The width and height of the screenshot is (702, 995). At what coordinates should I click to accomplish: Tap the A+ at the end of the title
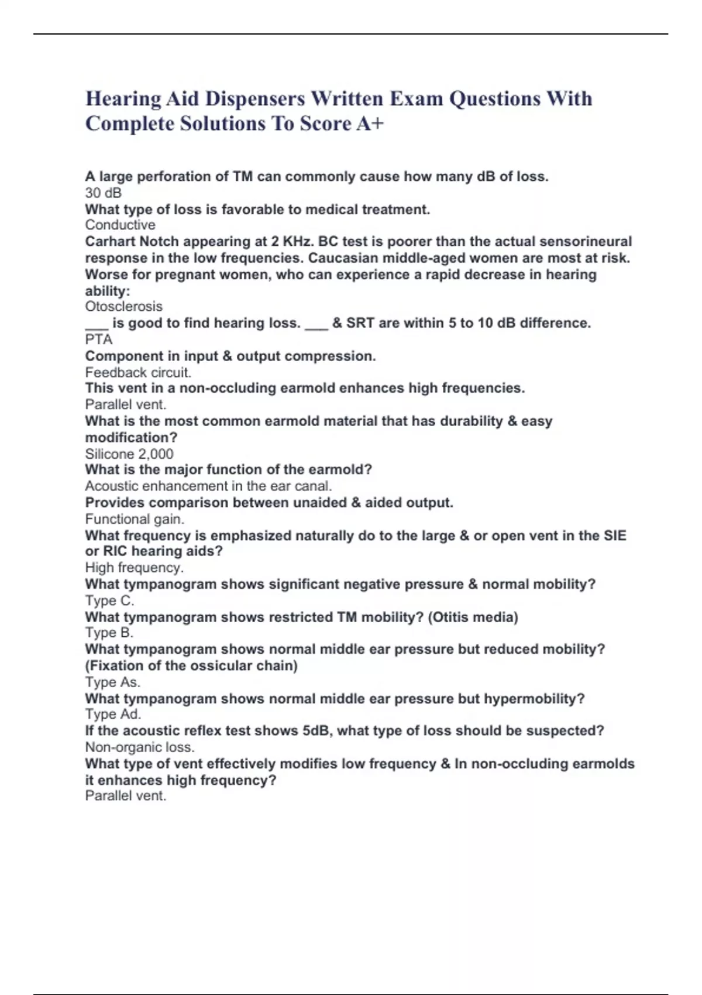[370, 123]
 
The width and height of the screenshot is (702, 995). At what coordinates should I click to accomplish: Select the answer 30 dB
[103, 193]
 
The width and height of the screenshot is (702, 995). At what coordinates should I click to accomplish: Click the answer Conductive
[120, 225]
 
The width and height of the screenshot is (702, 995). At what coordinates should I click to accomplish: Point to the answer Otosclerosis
[123, 306]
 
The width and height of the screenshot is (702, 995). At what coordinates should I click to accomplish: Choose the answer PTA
[98, 339]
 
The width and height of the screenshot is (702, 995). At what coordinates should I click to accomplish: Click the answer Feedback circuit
[138, 372]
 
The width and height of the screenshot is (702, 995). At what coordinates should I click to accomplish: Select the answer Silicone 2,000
[129, 454]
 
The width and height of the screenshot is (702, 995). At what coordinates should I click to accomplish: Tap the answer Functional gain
[135, 519]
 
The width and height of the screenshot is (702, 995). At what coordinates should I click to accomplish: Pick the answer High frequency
[134, 567]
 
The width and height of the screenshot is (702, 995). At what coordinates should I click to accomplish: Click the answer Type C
[109, 601]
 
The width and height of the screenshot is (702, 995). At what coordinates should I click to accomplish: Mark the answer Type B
[109, 633]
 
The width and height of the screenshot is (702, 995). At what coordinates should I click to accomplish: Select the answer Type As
[112, 682]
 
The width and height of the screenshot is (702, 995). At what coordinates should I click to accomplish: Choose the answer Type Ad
[113, 714]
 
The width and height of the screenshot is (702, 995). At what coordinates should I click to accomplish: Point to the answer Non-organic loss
[139, 747]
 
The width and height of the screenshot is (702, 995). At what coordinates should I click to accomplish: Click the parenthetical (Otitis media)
[473, 617]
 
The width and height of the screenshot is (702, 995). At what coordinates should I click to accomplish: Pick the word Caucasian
[346, 258]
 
